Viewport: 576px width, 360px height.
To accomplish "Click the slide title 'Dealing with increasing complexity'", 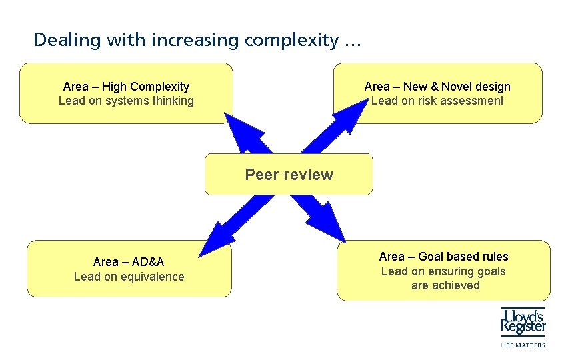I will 197,40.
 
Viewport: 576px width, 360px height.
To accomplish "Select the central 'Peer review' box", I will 289,175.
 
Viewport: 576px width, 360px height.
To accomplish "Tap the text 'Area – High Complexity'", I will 126,87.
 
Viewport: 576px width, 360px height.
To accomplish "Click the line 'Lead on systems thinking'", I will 126,101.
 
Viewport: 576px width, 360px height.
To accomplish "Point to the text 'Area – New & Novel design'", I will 437,87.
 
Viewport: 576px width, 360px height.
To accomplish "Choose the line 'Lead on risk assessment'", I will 437,101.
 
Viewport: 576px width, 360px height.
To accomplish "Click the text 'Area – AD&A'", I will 129,262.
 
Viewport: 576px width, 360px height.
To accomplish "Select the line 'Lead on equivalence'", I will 129,277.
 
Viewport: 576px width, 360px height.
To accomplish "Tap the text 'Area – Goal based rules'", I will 443,257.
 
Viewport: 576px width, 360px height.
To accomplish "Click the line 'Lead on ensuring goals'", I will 443,271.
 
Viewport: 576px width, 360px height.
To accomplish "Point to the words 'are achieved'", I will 445,285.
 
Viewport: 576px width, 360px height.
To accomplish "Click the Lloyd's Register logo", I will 523,321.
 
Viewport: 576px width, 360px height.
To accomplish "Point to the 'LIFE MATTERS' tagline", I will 523,345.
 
